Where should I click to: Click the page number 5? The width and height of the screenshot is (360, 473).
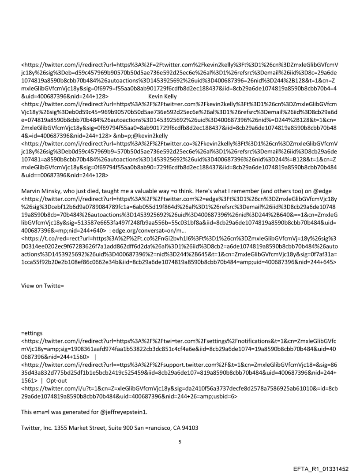tap(180, 428)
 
